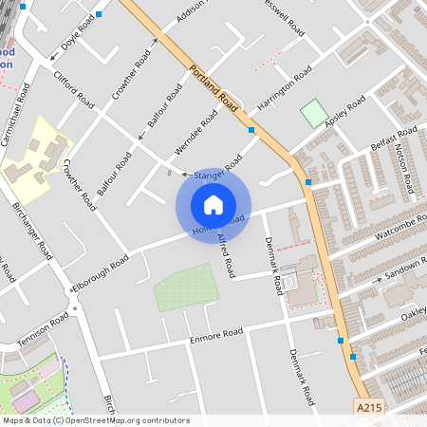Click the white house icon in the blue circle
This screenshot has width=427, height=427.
pyautogui.click(x=213, y=205)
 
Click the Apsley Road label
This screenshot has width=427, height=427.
pyautogui.click(x=344, y=113)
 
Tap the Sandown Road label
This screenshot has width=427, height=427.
pyautogui.click(x=403, y=273)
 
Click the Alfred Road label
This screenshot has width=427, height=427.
pyautogui.click(x=226, y=255)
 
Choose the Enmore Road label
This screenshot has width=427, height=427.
pyautogui.click(x=217, y=333)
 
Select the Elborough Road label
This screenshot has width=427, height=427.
pyautogui.click(x=100, y=273)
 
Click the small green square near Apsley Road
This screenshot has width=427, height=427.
pyautogui.click(x=313, y=114)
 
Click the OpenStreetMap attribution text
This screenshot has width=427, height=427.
pyautogui.click(x=96, y=420)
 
